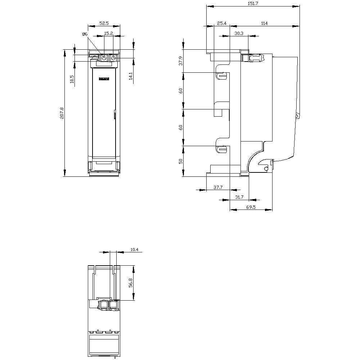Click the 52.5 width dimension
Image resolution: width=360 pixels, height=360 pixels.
point(104,23)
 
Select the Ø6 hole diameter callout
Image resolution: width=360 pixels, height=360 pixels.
point(85,34)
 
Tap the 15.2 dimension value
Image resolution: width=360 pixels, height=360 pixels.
point(109,33)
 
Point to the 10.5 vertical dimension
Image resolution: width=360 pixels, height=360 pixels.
point(72,79)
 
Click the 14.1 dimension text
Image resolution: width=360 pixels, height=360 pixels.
point(130,76)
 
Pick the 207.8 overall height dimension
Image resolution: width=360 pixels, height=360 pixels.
point(62,113)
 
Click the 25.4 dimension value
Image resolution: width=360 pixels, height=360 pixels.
point(222,23)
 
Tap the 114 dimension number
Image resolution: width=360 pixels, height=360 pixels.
point(265,23)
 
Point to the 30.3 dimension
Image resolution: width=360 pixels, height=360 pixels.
point(239,33)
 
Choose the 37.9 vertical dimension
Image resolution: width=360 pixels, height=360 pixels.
point(181,61)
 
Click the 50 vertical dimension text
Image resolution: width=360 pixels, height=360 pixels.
point(181,161)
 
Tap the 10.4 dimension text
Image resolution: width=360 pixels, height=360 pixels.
point(134,249)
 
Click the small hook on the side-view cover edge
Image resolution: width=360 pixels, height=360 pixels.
point(297,116)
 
